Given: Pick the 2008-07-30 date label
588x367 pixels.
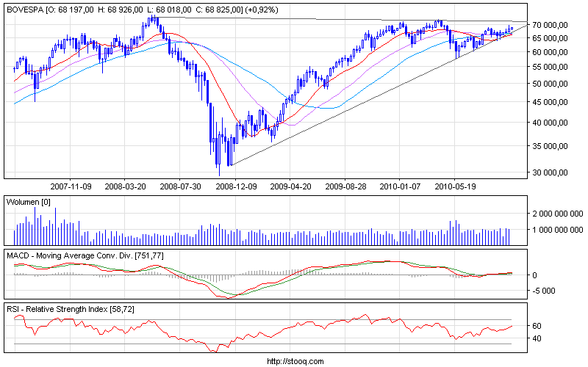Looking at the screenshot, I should [180, 186].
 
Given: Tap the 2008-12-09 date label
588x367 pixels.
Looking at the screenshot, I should [235, 186].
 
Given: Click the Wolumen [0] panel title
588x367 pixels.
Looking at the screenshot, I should [28, 201].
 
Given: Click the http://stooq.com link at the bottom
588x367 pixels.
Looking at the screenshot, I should [294, 361].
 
